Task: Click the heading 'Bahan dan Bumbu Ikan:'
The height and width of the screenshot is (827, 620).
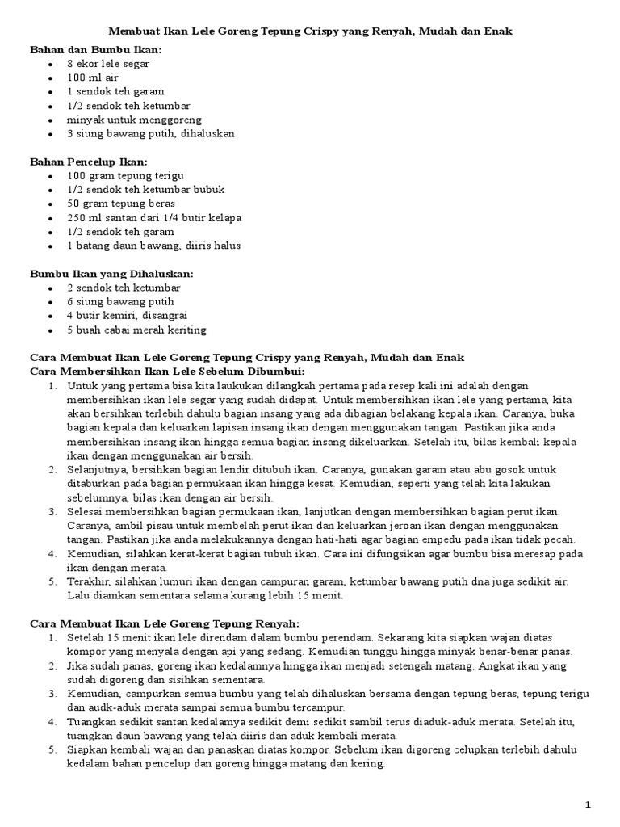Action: [95, 50]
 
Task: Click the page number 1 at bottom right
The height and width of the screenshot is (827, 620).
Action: [589, 804]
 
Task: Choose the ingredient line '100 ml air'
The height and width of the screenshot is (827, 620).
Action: [93, 78]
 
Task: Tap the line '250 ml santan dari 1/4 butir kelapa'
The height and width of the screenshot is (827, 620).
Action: [154, 217]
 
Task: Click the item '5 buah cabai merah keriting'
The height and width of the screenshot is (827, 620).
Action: [136, 330]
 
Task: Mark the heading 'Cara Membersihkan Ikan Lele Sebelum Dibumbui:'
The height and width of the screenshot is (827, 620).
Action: [166, 371]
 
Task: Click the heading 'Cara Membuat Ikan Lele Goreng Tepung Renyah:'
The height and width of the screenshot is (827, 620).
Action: [164, 623]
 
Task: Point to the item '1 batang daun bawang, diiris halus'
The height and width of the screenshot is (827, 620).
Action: [153, 246]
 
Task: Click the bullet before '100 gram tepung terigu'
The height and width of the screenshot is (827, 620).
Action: [51, 176]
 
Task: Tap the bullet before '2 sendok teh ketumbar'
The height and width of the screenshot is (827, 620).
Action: [51, 288]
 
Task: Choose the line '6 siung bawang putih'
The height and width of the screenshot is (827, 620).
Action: [120, 302]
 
